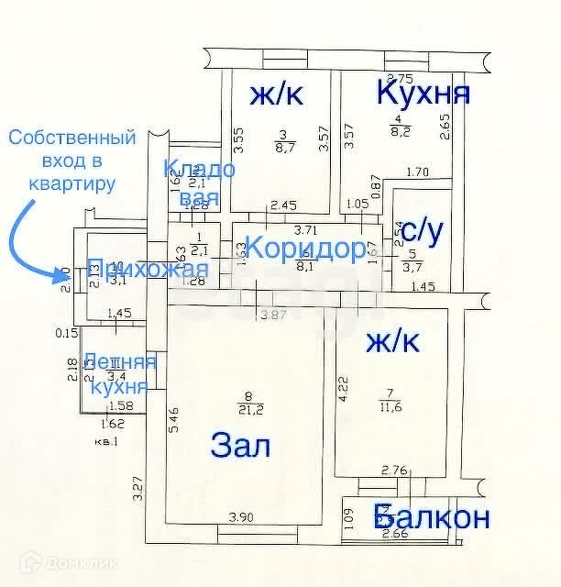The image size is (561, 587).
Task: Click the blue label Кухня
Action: [x=424, y=93]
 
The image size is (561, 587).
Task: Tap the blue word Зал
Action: [x=241, y=447]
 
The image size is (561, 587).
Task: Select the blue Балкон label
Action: [x=432, y=517]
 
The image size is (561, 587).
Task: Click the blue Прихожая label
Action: [x=147, y=270]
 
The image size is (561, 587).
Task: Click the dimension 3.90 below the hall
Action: [x=240, y=516]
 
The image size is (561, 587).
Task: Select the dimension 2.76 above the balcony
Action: [x=394, y=471]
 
